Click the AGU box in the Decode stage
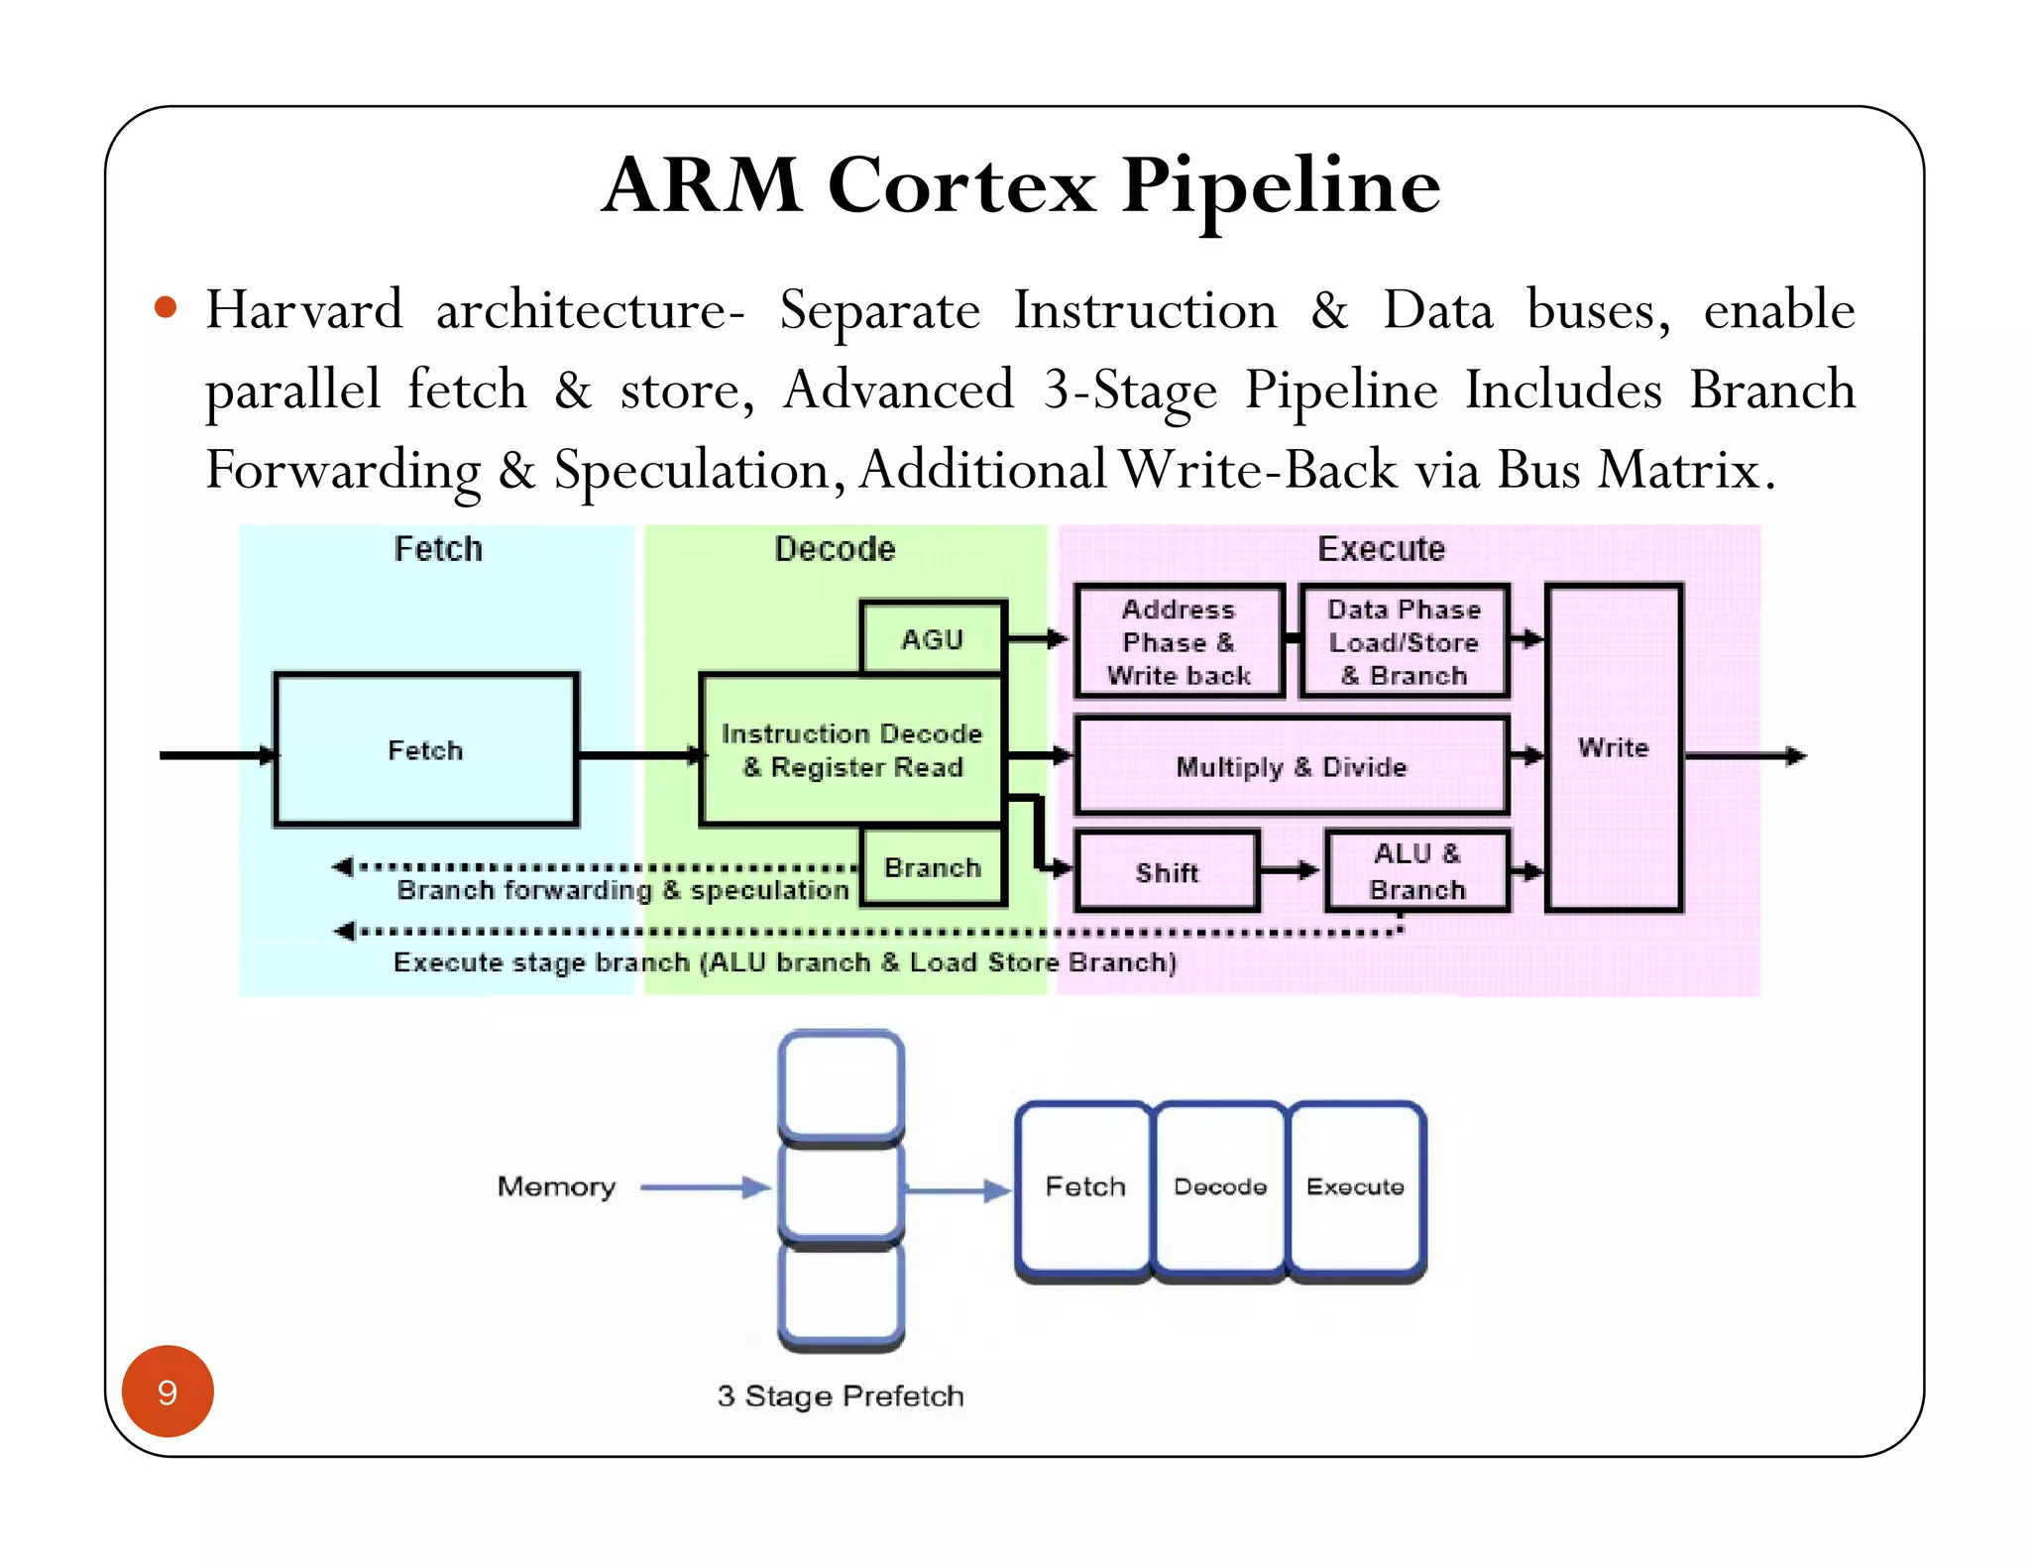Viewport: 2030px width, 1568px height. coord(933,639)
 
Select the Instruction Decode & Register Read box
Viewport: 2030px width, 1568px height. coord(851,750)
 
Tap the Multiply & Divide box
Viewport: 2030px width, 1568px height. coord(1291,766)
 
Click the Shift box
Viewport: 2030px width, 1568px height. coord(1167,872)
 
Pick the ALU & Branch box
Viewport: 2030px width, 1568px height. coord(1416,871)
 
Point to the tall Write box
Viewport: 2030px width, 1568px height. coord(1613,747)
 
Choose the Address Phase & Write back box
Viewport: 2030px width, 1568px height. coord(1179,642)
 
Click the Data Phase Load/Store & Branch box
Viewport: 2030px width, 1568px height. coord(1404,642)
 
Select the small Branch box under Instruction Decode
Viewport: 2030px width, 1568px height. coord(933,868)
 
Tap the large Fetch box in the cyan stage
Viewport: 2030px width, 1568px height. coord(425,750)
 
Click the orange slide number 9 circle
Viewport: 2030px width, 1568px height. coord(168,1392)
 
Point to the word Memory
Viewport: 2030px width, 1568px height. coord(556,1186)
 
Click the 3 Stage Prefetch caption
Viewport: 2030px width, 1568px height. coord(840,1396)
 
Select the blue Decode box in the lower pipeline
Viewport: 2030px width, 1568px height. coord(1220,1187)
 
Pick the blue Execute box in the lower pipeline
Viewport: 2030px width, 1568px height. coord(1355,1187)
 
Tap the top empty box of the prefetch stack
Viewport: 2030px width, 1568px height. coord(841,1084)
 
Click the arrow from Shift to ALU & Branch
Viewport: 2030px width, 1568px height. coord(1291,871)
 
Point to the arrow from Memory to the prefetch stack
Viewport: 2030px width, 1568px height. coord(705,1187)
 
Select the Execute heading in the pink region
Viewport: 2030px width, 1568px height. coord(1381,549)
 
